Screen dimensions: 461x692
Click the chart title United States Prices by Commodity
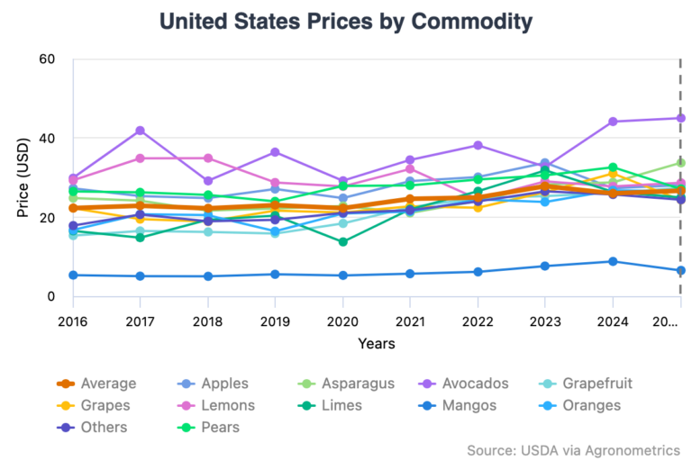345,21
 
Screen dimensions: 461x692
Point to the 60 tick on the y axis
48,59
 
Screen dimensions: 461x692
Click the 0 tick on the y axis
52,296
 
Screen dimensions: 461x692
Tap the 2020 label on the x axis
342,321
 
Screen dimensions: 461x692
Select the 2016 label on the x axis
72,321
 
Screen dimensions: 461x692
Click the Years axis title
376,343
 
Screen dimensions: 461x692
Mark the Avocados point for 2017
141,131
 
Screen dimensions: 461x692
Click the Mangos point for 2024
613,261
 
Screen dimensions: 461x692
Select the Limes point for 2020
342,241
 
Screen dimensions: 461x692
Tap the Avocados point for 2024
613,122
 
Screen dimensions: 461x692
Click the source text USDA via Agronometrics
573,449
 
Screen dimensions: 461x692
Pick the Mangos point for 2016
73,275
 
